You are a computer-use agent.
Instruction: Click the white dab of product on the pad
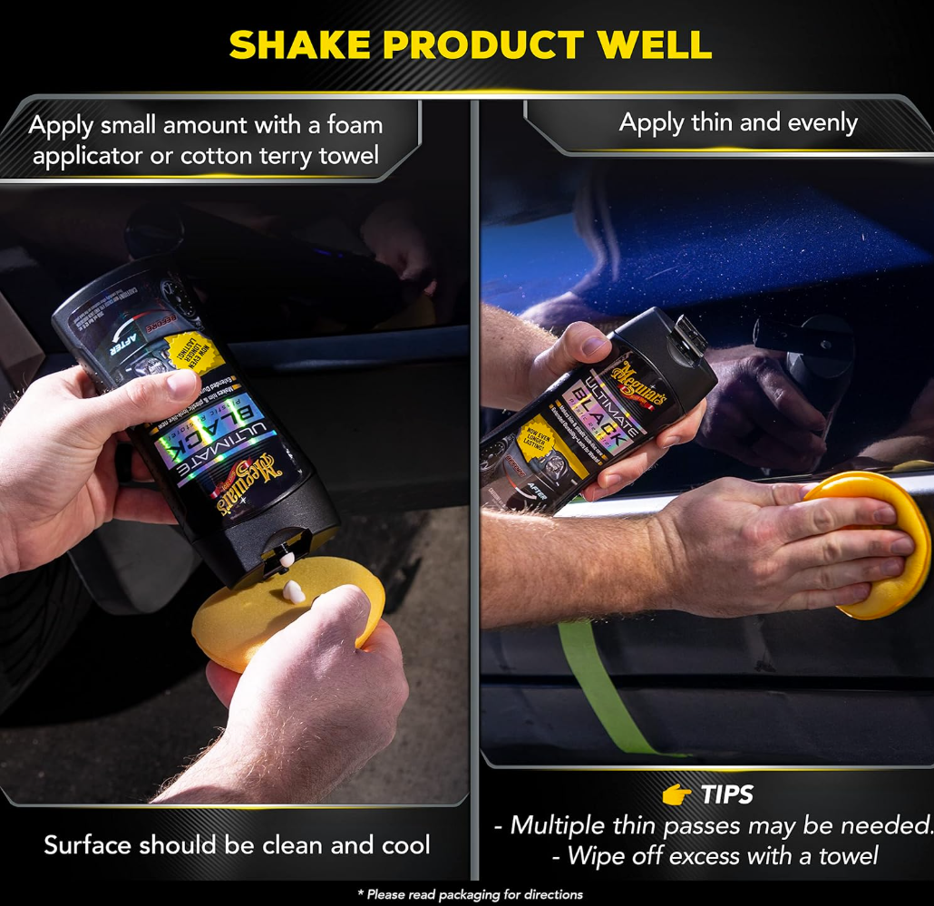coord(293,592)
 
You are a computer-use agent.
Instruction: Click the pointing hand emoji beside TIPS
coord(676,795)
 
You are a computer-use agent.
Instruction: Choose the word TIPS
coord(726,795)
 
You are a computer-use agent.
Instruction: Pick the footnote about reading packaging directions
coord(470,895)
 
